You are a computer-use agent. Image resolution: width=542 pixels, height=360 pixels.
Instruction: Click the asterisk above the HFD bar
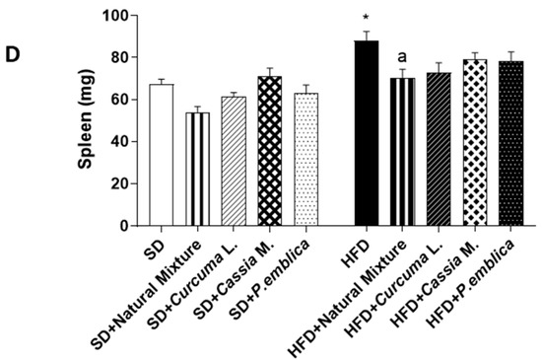(366, 20)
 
